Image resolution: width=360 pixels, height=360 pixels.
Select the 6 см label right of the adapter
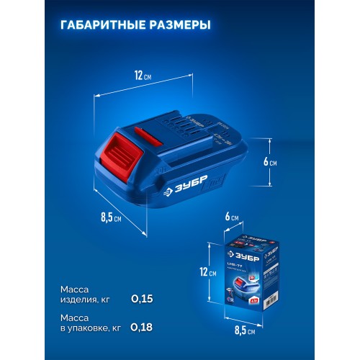point(271,162)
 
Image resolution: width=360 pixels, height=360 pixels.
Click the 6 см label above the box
point(232,217)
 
